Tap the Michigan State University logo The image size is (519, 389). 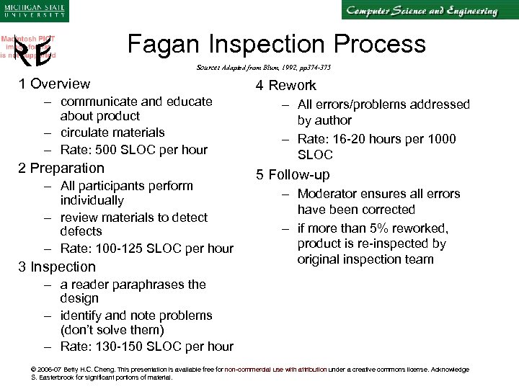[x=33, y=12]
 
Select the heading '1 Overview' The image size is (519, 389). [x=55, y=84]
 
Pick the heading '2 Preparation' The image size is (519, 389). [x=62, y=168]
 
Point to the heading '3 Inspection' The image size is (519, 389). [x=57, y=267]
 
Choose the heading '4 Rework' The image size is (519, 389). [x=285, y=86]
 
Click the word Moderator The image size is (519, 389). [x=331, y=194]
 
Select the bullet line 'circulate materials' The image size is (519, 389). [x=112, y=133]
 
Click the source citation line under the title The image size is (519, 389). [x=263, y=68]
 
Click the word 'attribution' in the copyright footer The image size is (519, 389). [x=308, y=369]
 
